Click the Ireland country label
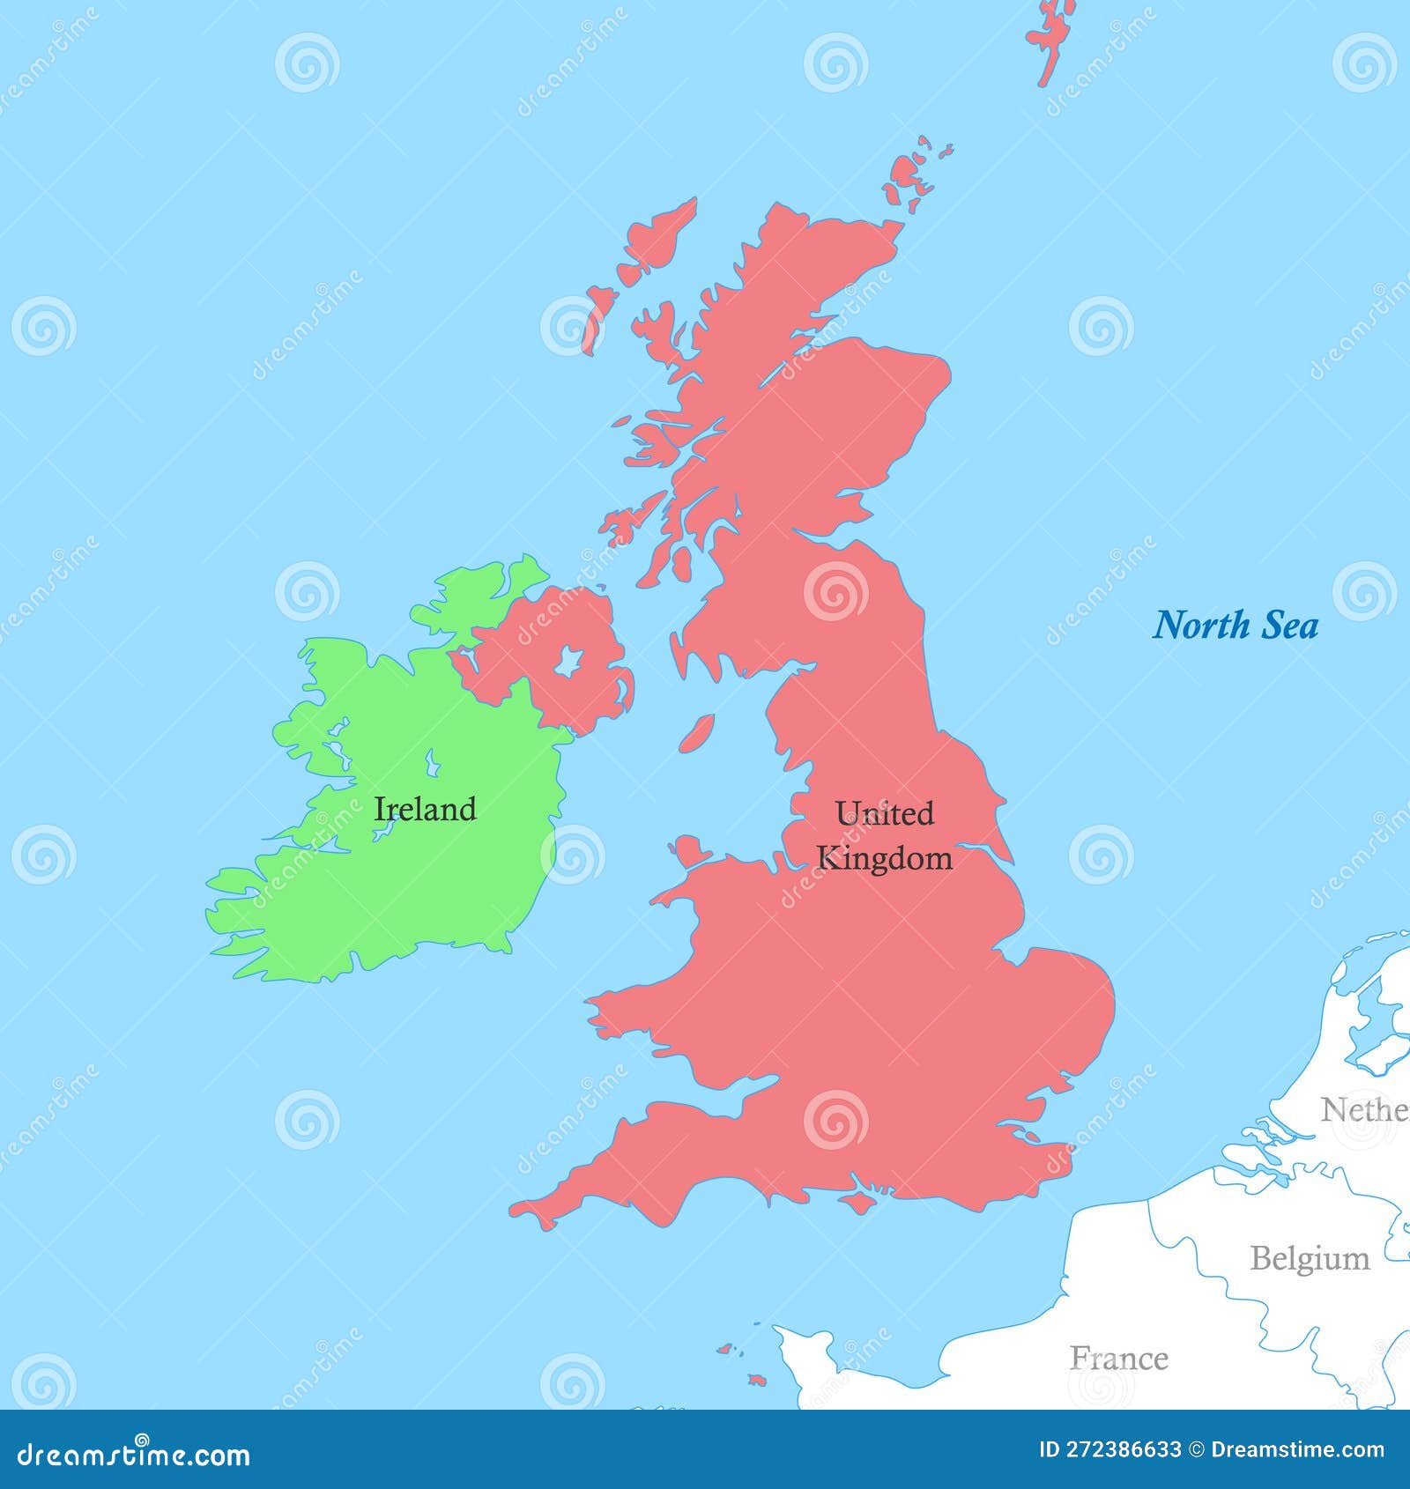tap(425, 809)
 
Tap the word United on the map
tap(884, 813)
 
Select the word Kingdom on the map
tap(884, 858)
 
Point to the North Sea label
tap(1236, 626)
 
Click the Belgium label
tap(1310, 1258)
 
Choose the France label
tap(1119, 1358)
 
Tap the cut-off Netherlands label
tap(1364, 1110)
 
